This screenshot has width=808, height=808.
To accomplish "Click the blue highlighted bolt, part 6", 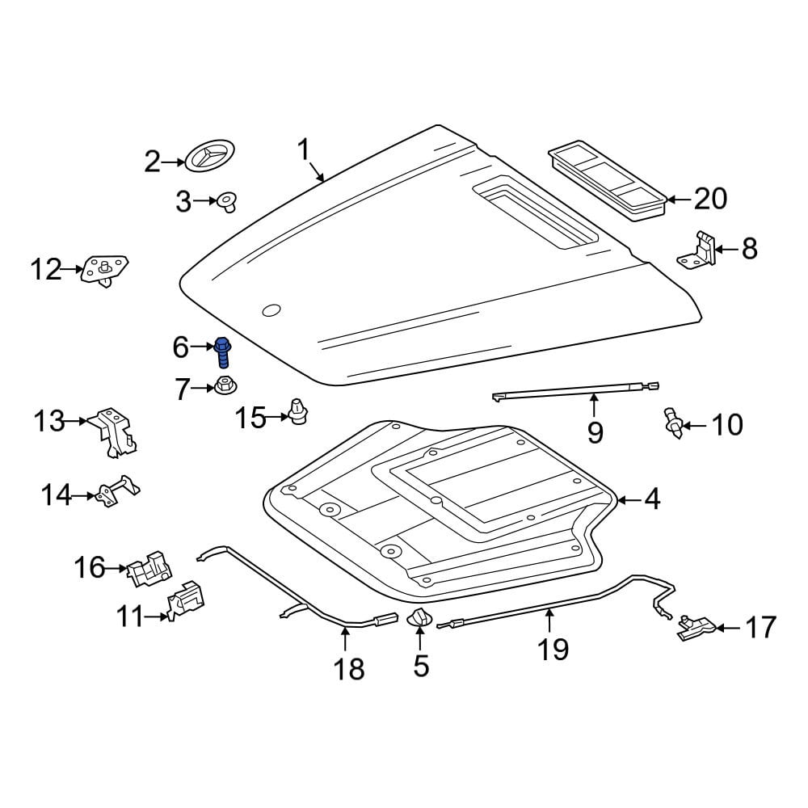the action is click(x=223, y=352).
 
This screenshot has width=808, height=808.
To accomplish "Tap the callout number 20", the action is click(x=710, y=199).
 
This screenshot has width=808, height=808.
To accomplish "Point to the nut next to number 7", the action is click(x=225, y=385).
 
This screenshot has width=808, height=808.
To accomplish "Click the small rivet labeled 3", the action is click(x=227, y=202).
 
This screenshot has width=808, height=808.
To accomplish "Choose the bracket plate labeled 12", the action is click(x=104, y=270).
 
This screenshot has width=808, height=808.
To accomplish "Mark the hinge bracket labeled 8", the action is click(x=696, y=250).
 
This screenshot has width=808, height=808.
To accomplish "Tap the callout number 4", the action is click(x=652, y=499).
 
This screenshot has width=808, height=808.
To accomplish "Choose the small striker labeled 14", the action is click(x=117, y=490).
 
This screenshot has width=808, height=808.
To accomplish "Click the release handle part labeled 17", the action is click(x=696, y=628).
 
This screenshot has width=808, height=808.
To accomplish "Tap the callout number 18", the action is click(x=349, y=669).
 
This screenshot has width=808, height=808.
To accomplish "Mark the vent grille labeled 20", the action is click(x=608, y=184).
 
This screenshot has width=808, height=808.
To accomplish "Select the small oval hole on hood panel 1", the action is click(x=271, y=310).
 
